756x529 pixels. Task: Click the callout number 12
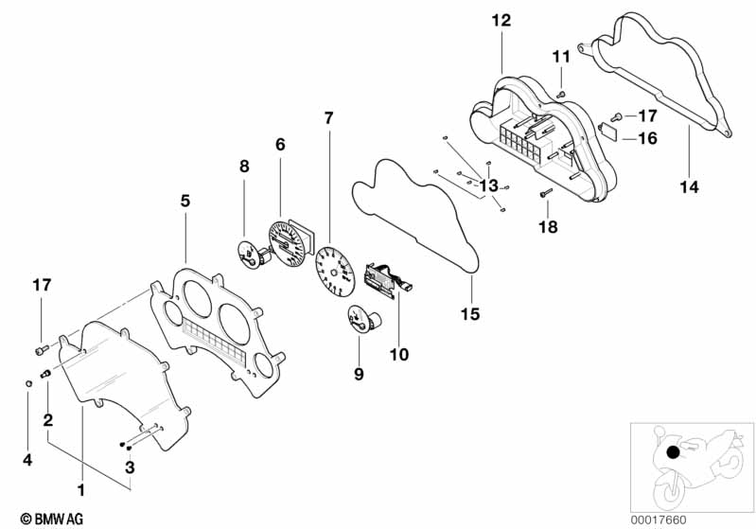click(x=501, y=21)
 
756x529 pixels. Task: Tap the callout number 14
click(x=689, y=186)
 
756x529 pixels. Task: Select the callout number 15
click(x=470, y=314)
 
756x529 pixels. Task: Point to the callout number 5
click(x=185, y=201)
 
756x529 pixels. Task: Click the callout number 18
click(x=548, y=226)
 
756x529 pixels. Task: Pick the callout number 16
click(x=647, y=138)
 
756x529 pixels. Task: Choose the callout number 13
click(x=488, y=185)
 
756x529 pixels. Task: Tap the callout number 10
click(x=398, y=355)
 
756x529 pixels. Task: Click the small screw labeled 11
click(x=560, y=95)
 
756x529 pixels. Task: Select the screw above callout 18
click(x=545, y=193)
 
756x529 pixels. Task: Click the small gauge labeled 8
click(x=251, y=256)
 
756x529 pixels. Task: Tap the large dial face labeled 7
click(x=335, y=271)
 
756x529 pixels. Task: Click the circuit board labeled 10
click(x=386, y=280)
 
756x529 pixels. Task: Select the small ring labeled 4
click(x=28, y=383)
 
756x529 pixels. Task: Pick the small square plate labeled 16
click(x=609, y=131)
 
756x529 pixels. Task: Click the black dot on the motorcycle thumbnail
click(x=673, y=452)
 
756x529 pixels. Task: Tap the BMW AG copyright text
click(x=52, y=519)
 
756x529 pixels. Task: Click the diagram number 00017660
click(x=659, y=520)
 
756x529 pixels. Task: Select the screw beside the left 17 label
click(x=42, y=349)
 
